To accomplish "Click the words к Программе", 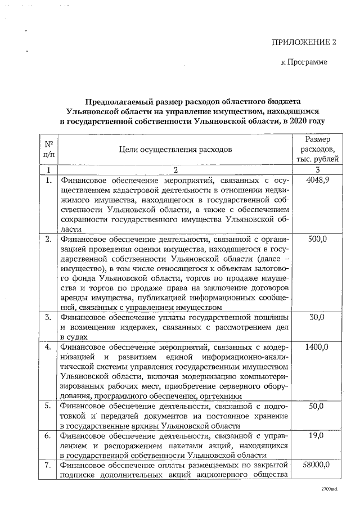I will click(304, 62).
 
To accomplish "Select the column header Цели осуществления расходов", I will click(175, 149).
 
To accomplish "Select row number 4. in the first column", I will click(49, 346).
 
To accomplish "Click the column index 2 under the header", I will click(175, 169).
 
